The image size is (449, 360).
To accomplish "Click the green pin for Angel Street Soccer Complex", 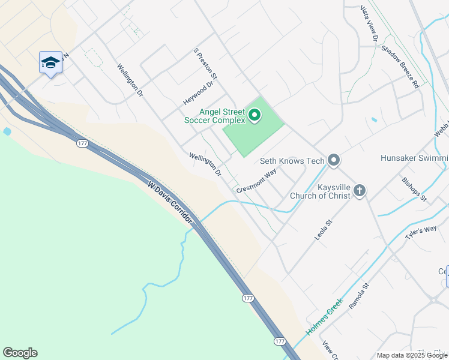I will [254, 114].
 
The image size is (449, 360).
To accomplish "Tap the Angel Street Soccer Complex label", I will [215, 116].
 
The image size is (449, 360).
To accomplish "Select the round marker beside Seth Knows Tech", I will [334, 160].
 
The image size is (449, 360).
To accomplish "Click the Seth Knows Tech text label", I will [292, 161].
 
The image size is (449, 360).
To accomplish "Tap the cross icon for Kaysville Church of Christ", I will [360, 191].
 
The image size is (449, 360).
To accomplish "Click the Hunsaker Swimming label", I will [414, 158].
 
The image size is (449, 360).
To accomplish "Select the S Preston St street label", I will [205, 65].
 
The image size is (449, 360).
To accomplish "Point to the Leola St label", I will [324, 230].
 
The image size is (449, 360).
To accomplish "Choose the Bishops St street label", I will [414, 188].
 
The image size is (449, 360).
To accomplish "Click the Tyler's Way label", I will [421, 233].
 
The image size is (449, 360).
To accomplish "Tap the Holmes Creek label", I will [324, 316].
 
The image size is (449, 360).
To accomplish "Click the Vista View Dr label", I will [368, 23].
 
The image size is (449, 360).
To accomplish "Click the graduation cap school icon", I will [50, 62].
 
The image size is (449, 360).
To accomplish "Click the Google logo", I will [20, 353].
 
